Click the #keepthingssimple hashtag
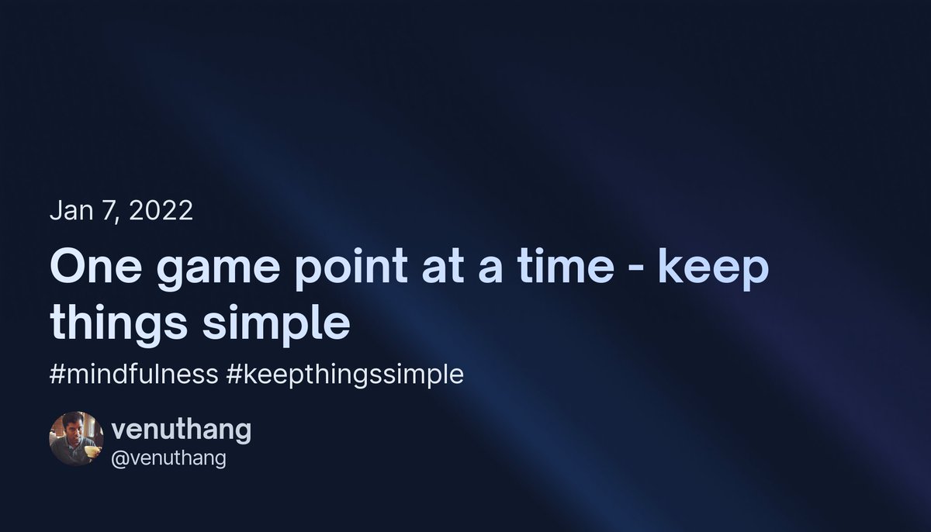tap(345, 375)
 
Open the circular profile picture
tap(77, 438)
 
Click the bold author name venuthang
tap(182, 429)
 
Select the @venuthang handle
tap(169, 458)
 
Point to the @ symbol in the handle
tap(119, 458)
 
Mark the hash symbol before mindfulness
tap(56, 375)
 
